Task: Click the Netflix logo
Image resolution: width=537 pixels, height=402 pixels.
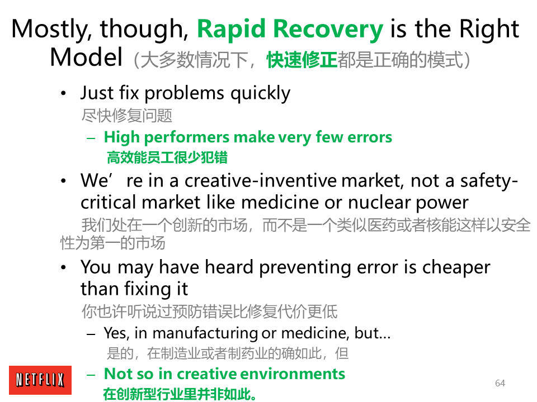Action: pyautogui.click(x=40, y=380)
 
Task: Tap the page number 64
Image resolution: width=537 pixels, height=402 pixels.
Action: pyautogui.click(x=500, y=383)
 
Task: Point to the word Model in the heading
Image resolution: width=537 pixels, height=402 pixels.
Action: pyautogui.click(x=86, y=57)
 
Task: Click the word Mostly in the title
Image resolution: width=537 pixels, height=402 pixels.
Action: pyautogui.click(x=51, y=30)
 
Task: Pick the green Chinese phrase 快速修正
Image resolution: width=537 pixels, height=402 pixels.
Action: pyautogui.click(x=302, y=60)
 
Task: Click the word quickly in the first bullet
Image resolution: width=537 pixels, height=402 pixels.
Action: pyautogui.click(x=260, y=93)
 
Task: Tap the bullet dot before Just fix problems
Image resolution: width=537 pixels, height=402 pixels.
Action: pyautogui.click(x=63, y=93)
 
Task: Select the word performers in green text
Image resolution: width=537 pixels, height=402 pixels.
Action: pyautogui.click(x=186, y=137)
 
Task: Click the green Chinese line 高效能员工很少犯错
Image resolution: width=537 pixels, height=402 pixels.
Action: pyautogui.click(x=167, y=157)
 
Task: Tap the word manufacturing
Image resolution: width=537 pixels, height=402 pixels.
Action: pyautogui.click(x=205, y=333)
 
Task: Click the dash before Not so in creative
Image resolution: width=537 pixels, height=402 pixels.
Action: pyautogui.click(x=91, y=375)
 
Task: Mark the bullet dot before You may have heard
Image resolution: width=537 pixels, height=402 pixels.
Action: pyautogui.click(x=63, y=267)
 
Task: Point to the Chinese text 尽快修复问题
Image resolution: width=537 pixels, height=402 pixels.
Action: pyautogui.click(x=127, y=116)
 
